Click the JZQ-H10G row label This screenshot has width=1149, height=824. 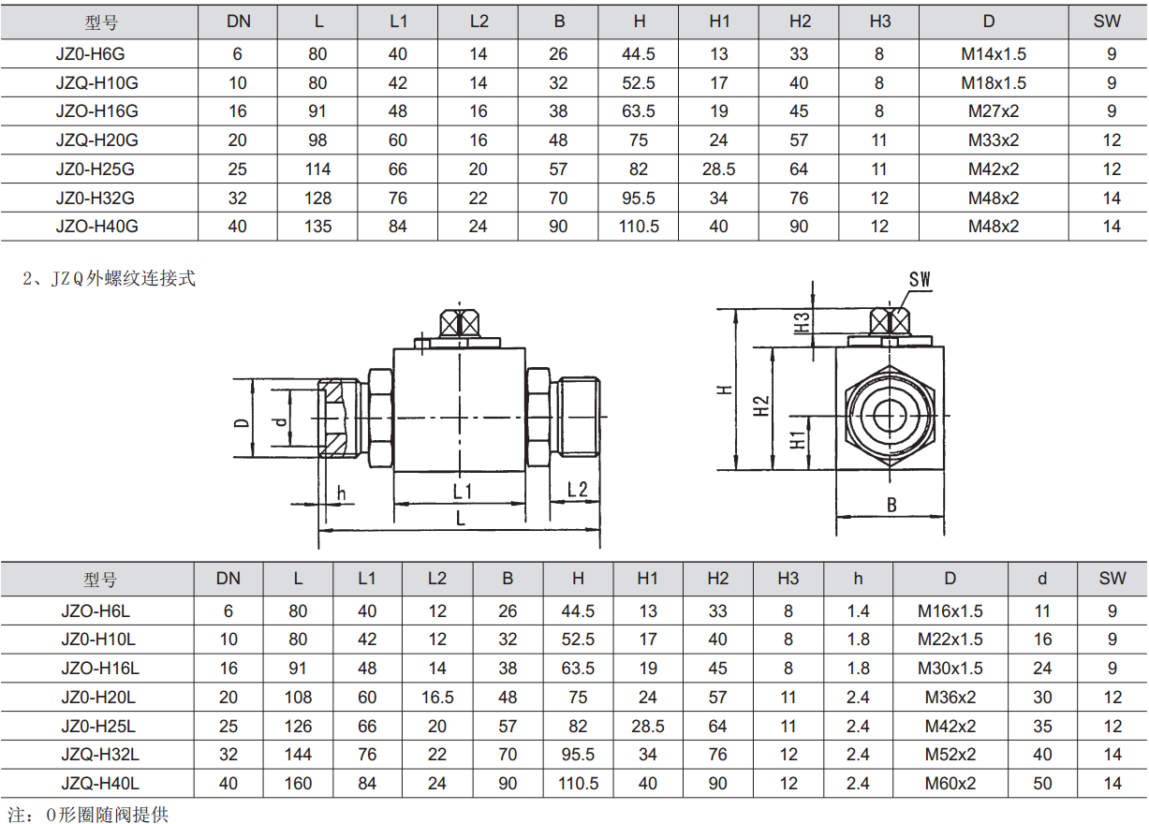point(97,82)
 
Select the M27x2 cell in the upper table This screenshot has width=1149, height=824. point(993,111)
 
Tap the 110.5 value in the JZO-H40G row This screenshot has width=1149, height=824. point(639,226)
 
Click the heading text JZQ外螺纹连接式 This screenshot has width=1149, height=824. point(123,278)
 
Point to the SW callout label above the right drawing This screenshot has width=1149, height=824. point(920,280)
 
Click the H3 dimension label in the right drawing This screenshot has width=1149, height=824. point(803,323)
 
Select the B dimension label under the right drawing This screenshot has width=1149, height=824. point(891,505)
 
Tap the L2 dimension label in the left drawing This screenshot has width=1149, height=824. point(577,489)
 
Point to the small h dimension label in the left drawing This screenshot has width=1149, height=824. point(341,493)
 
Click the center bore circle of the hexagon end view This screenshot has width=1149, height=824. point(890,416)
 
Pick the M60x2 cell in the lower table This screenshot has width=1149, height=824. point(950,784)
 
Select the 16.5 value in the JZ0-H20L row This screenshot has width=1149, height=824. point(437,698)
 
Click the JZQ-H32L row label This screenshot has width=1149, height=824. point(100,755)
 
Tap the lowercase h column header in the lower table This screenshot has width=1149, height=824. point(858,579)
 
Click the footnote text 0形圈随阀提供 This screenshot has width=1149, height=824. point(107,815)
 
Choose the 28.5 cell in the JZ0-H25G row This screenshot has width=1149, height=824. point(718,169)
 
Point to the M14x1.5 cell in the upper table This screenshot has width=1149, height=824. point(993,53)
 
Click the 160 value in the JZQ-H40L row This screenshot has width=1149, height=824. point(298,784)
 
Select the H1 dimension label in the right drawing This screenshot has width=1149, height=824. point(798,441)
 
